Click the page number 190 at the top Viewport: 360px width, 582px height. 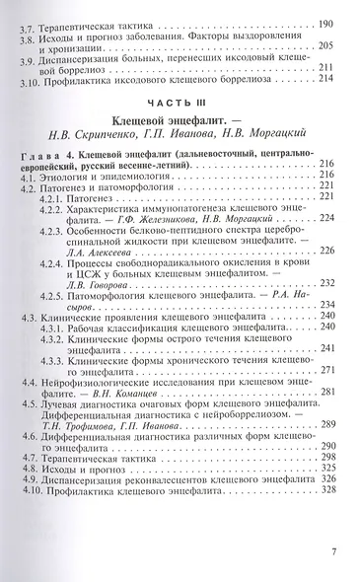[x=327, y=21]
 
